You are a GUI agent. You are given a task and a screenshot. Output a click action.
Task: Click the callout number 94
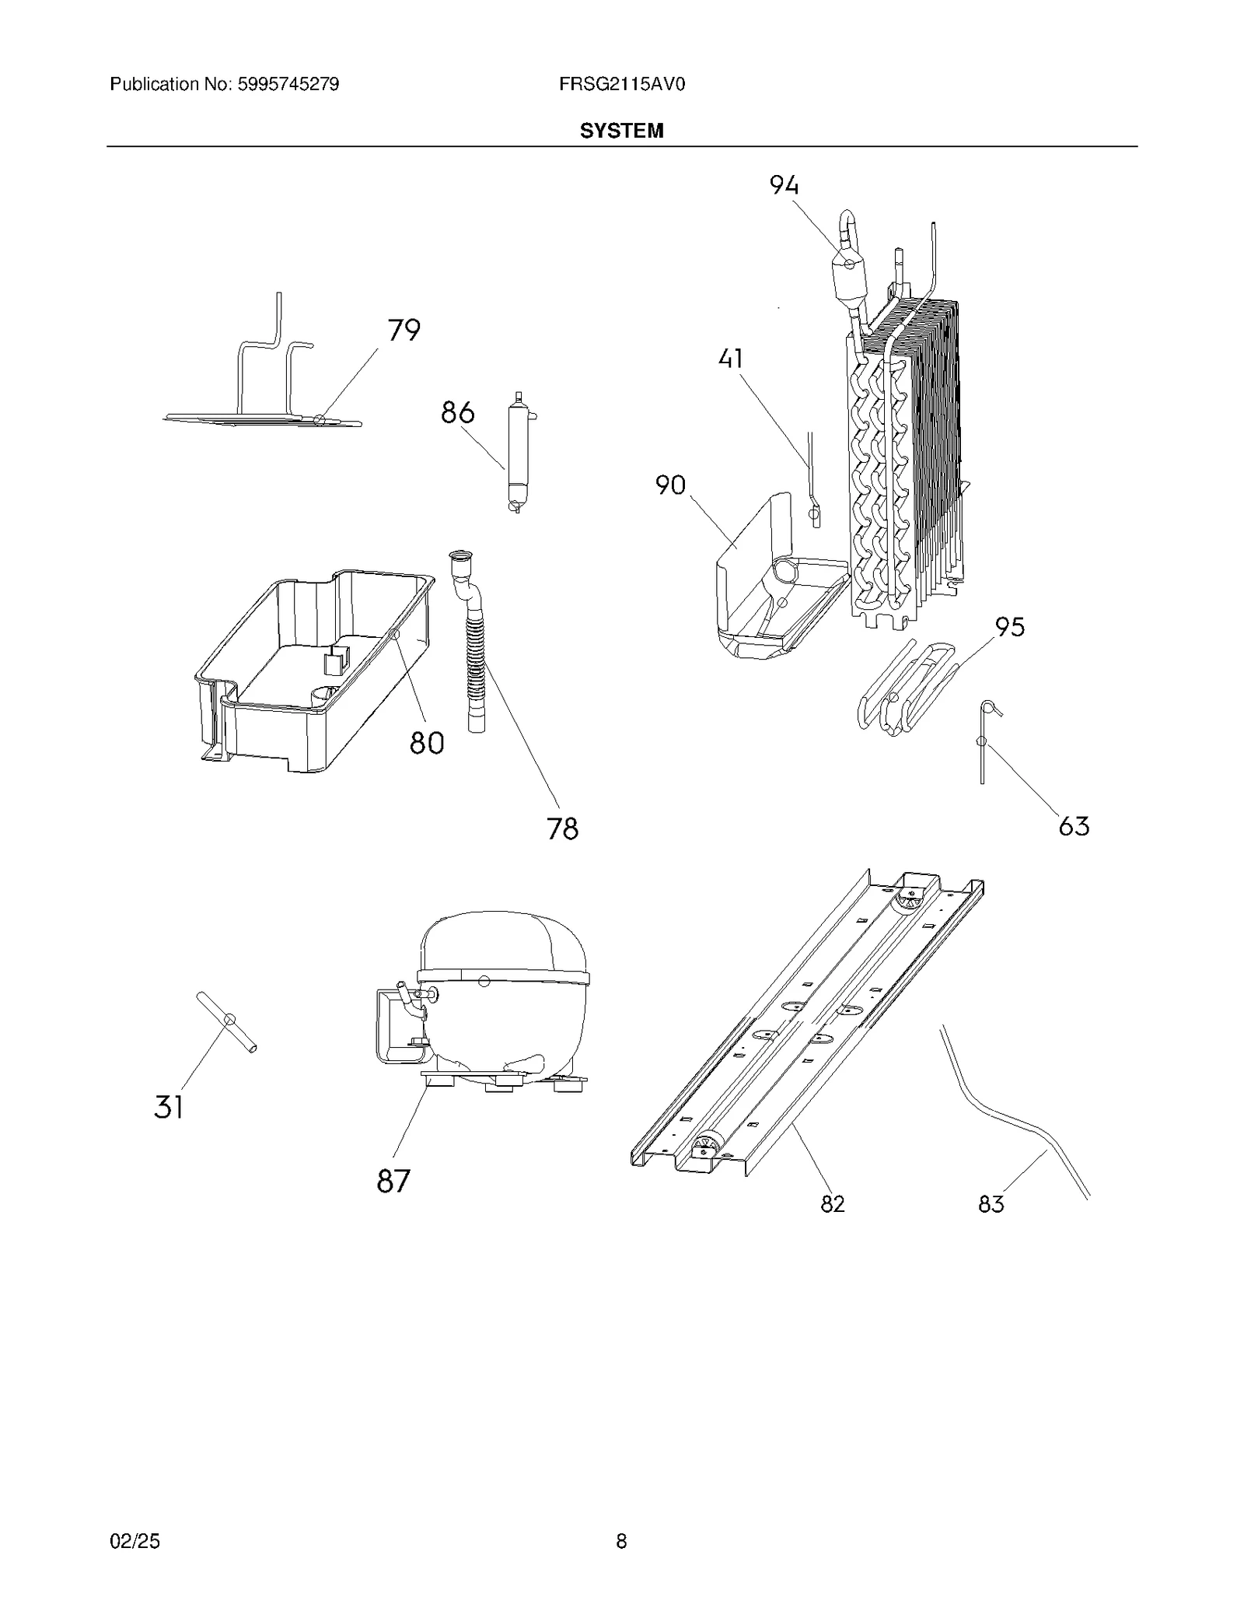pos(784,185)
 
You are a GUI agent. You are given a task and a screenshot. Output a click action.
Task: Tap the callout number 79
pos(404,331)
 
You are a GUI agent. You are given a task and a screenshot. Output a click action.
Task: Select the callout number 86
pos(457,412)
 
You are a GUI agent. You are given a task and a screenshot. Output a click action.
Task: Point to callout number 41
pos(731,359)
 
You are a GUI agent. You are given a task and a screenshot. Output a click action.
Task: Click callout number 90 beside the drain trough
pos(670,485)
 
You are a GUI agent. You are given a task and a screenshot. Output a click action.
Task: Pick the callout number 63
pos(1074,826)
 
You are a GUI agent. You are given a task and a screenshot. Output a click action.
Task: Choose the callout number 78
pos(562,829)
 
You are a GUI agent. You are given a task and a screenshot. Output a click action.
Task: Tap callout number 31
pos(169,1107)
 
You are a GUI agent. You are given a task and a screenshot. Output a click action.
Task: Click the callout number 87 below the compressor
pos(393,1181)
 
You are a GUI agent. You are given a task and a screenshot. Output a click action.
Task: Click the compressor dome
pos(501,945)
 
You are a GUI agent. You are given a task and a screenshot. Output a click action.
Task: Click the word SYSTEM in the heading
pos(621,131)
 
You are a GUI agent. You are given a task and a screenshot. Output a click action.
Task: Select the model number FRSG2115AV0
pos(621,84)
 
